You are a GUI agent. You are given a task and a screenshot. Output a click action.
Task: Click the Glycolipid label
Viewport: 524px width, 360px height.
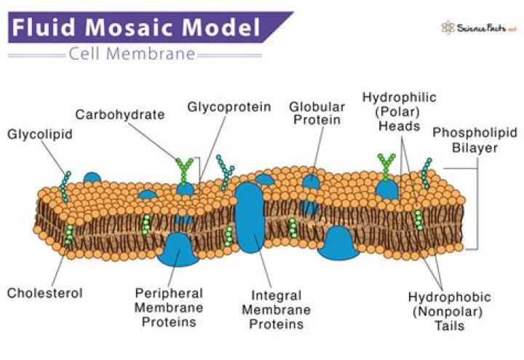tap(40, 135)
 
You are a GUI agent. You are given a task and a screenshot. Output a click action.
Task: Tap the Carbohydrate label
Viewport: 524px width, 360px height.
tap(120, 115)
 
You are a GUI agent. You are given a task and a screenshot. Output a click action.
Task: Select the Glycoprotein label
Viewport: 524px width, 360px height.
tap(229, 107)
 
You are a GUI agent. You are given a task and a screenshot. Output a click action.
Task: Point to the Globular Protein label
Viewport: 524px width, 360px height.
tap(317, 113)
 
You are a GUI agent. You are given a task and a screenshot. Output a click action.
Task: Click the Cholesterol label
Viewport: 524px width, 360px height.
tap(45, 293)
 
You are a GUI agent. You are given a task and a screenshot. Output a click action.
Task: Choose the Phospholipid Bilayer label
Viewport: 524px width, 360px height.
tap(475, 140)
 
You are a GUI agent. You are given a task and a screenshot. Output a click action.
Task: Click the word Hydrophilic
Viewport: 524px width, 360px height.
tap(400, 97)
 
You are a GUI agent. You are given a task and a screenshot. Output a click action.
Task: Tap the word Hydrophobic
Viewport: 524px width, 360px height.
tap(450, 297)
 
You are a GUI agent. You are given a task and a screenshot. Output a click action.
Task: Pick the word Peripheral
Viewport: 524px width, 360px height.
tap(169, 294)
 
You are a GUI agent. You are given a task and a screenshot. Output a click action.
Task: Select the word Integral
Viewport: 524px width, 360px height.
tap(277, 295)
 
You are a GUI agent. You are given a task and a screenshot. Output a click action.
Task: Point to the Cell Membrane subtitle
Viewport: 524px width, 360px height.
tap(132, 54)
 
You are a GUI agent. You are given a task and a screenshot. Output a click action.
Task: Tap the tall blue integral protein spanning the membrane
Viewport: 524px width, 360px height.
tap(250, 217)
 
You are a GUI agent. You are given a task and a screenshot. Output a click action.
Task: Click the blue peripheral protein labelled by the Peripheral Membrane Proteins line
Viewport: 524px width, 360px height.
tap(178, 249)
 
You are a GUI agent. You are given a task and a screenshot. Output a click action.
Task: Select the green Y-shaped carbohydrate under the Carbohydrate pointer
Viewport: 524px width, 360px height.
tap(184, 170)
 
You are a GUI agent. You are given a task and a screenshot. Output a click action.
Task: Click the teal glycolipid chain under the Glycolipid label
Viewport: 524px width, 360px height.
tap(65, 187)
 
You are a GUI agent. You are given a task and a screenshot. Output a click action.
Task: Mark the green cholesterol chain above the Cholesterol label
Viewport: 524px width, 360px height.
tap(69, 234)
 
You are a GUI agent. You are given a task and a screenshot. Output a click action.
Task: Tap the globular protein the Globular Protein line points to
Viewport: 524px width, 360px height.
tap(311, 182)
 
